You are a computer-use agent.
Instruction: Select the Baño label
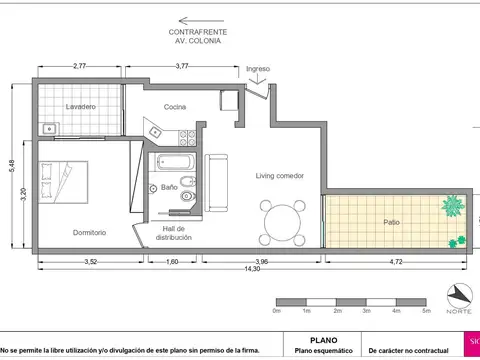point(169,187)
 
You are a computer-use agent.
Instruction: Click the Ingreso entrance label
point(258,69)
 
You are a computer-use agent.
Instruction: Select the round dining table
point(284,219)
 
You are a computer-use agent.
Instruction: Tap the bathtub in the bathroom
point(179,163)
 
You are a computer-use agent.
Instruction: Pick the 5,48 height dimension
point(11,165)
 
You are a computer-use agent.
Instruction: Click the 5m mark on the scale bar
point(428,311)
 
